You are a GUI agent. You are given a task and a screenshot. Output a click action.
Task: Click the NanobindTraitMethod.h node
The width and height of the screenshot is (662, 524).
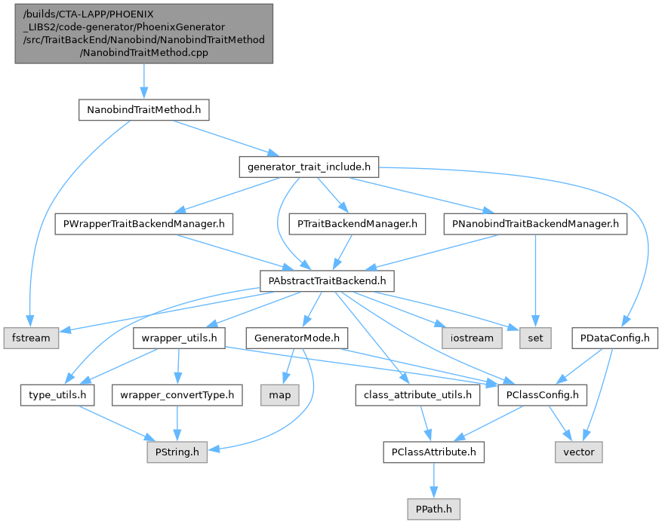143,110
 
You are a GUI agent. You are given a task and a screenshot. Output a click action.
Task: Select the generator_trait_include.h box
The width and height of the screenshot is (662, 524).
307,167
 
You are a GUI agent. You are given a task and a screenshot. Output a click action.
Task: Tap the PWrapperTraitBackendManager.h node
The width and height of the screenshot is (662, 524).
144,224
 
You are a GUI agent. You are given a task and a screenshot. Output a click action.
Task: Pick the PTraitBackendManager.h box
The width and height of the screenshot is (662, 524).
357,224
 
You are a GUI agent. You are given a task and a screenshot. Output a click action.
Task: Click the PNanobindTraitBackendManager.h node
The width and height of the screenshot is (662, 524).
534,224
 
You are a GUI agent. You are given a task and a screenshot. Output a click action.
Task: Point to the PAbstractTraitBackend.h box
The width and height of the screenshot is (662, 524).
327,281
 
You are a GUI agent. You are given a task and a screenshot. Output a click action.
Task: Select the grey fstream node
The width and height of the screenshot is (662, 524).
31,338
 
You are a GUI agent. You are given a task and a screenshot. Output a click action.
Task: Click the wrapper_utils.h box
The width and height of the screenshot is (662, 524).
178,338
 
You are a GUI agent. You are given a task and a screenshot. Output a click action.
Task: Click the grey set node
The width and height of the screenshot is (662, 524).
535,338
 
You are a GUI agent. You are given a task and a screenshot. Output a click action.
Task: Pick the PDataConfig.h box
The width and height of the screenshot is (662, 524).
615,338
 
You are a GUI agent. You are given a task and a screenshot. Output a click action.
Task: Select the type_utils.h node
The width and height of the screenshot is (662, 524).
57,394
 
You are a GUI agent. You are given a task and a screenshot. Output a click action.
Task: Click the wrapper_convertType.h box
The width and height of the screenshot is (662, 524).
177,394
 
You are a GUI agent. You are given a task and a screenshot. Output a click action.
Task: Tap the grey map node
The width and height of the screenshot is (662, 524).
279,394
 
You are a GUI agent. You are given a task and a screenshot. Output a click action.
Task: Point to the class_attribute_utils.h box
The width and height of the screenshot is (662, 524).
417,394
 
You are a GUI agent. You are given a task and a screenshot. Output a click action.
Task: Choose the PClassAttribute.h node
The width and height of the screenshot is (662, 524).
433,452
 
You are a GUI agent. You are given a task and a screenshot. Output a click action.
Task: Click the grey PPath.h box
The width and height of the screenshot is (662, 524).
433,509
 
